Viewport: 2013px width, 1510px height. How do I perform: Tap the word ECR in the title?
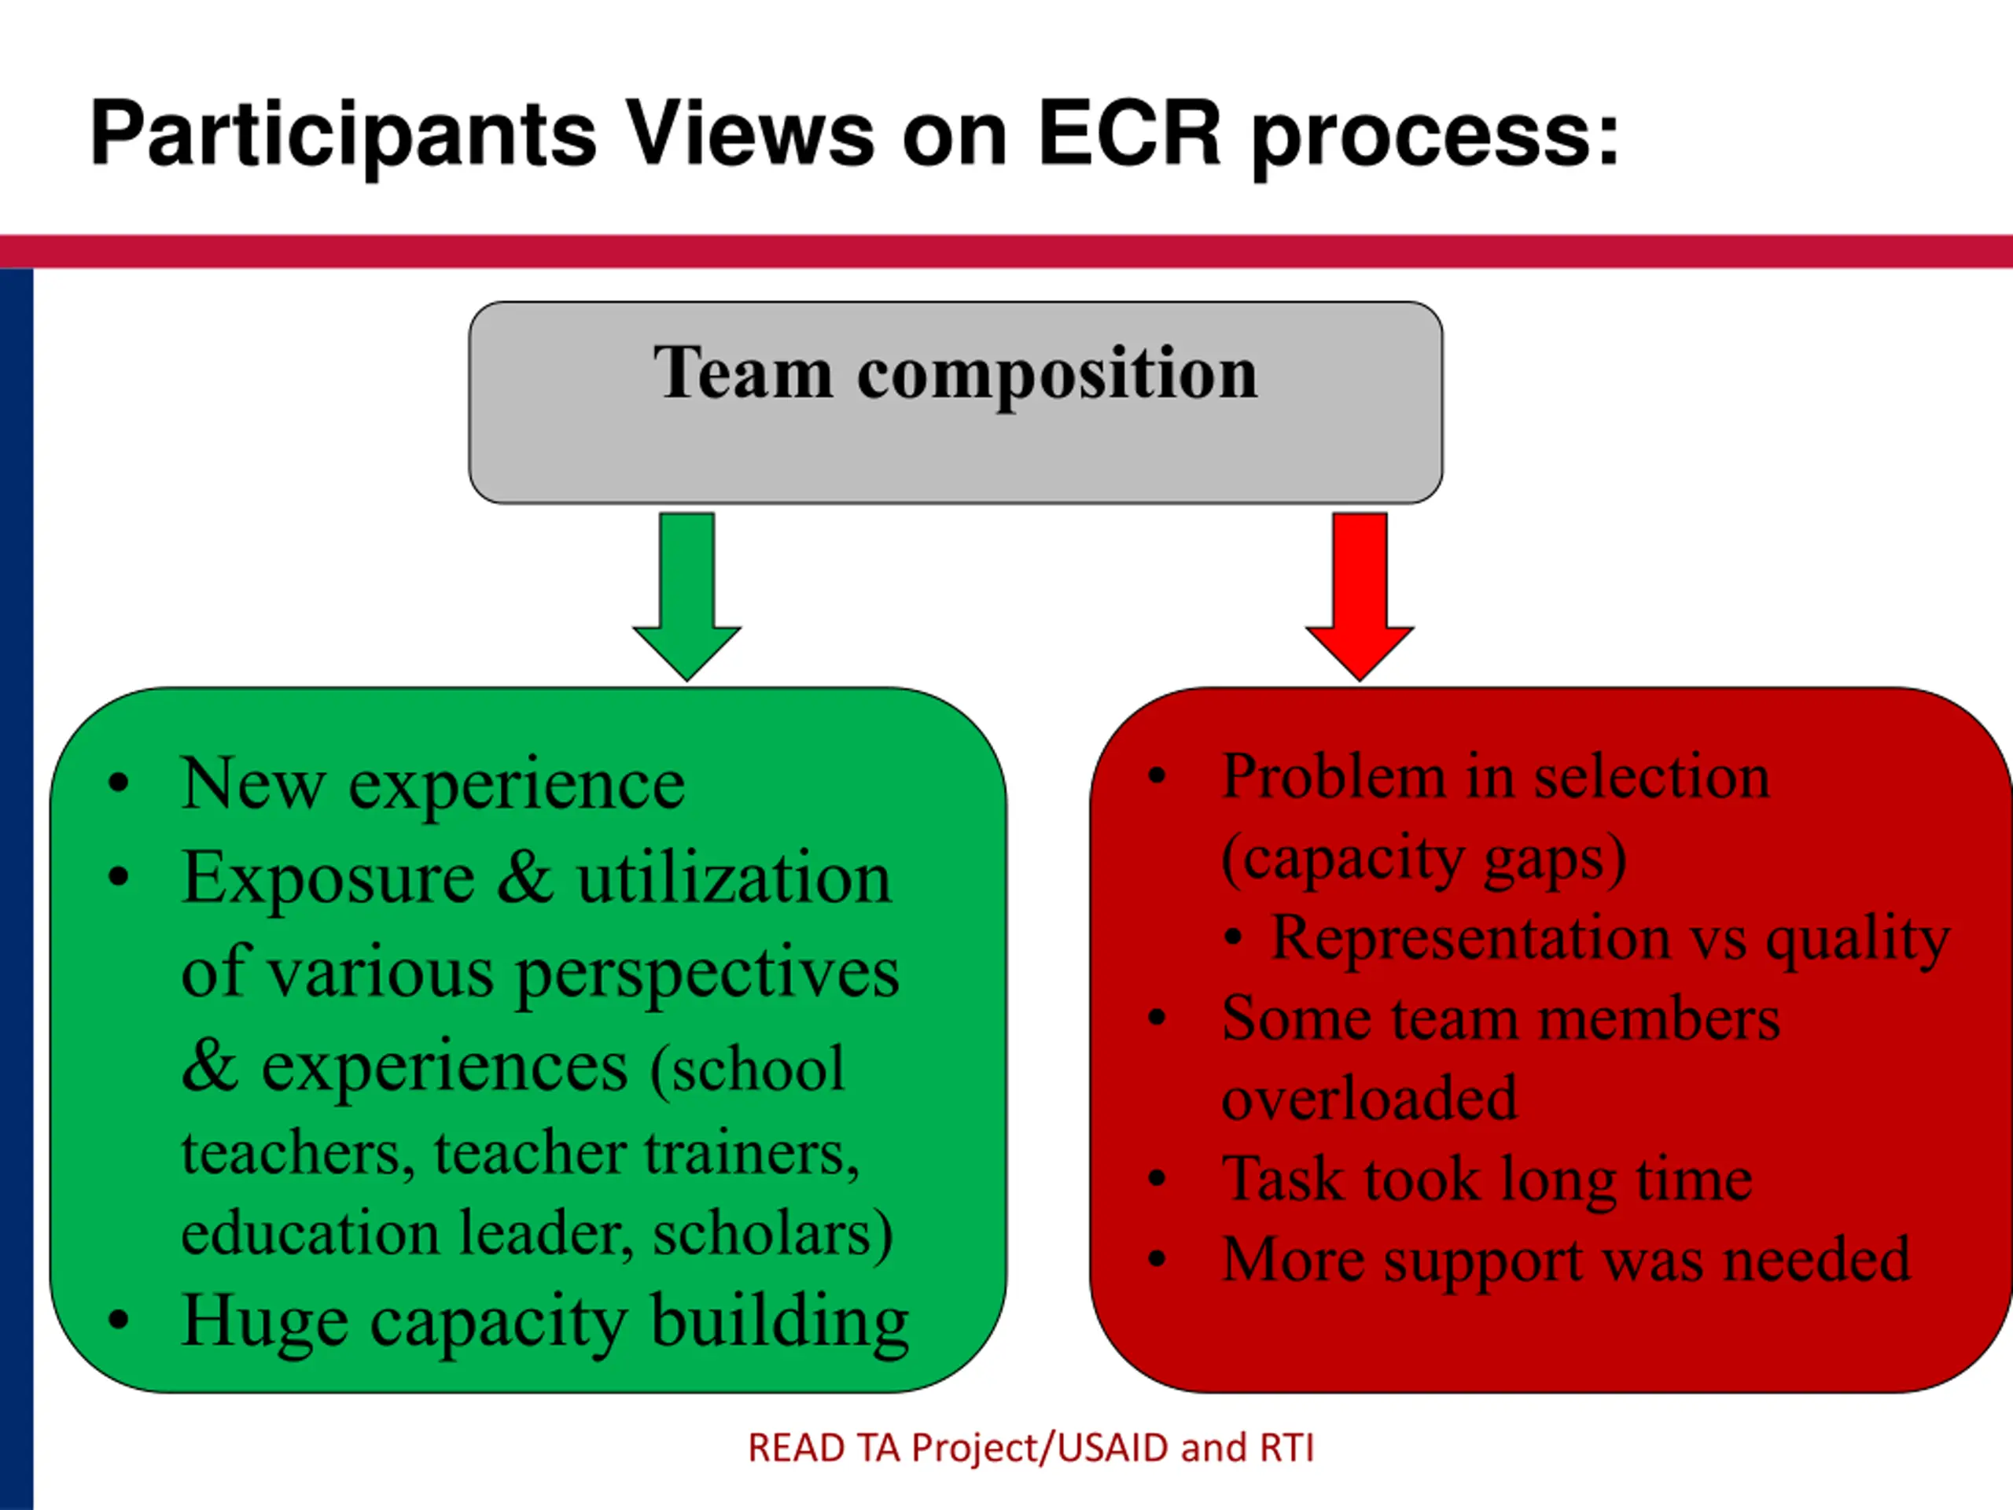(x=1128, y=134)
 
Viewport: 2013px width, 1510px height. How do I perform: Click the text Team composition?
(x=955, y=374)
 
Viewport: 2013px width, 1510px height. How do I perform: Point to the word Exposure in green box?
(x=328, y=878)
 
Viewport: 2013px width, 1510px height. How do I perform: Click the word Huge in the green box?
(x=265, y=1321)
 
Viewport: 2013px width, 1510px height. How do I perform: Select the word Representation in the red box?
(x=1470, y=937)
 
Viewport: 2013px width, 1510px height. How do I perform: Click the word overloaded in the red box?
(x=1370, y=1098)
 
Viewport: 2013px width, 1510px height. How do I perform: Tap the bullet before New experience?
(x=118, y=783)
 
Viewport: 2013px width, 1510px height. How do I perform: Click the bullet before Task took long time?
(x=1157, y=1180)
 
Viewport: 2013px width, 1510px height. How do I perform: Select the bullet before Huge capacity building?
(x=118, y=1320)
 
